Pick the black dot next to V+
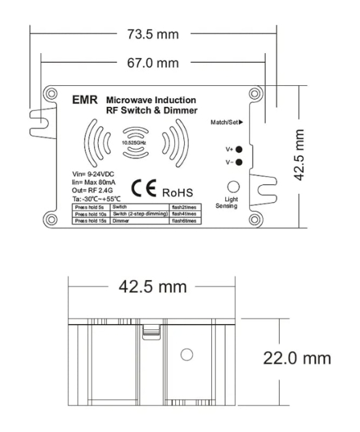238,149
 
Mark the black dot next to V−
238,162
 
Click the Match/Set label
226,122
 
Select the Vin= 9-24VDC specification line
93,175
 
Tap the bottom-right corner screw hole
254,220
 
